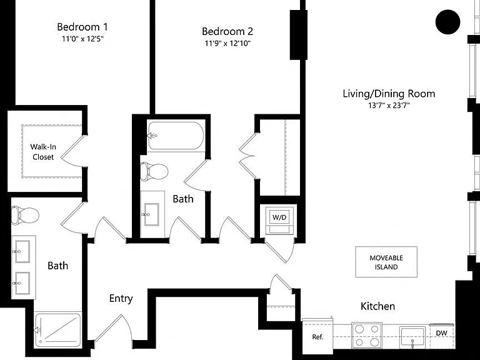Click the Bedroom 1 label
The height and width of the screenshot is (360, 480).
[82, 27]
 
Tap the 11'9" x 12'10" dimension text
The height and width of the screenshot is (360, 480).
[227, 43]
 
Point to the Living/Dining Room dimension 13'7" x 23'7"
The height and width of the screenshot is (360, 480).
[389, 106]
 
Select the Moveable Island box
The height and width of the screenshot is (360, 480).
[386, 262]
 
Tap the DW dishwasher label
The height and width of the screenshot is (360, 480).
[441, 333]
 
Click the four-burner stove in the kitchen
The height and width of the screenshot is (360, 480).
[367, 335]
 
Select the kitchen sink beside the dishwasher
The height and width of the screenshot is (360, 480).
[412, 337]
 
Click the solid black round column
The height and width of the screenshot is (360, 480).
[448, 22]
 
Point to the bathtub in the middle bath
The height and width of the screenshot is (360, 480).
[176, 136]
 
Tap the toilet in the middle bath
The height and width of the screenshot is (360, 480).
[154, 171]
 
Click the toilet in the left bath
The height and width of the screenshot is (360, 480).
[25, 215]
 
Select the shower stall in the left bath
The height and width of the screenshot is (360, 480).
[58, 330]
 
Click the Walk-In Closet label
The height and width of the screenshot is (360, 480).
[43, 152]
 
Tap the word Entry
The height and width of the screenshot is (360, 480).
[121, 299]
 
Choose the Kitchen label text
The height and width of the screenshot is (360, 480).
[377, 306]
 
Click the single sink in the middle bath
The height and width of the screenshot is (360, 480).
[151, 214]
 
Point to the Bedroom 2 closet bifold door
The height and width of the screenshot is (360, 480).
[247, 156]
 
